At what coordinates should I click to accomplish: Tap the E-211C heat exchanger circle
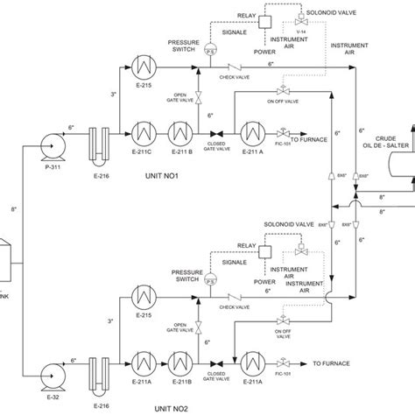pyautogui.click(x=144, y=127)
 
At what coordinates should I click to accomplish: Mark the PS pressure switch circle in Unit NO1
pyautogui.click(x=209, y=51)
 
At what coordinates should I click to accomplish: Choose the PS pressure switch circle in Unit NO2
pyautogui.click(x=209, y=278)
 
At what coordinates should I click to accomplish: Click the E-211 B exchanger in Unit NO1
pyautogui.click(x=186, y=127)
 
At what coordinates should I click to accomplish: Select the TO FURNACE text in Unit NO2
pyautogui.click(x=333, y=360)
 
